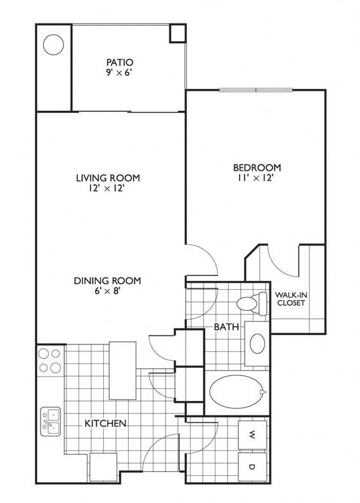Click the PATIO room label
point(120,62)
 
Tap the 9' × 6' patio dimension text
point(119,72)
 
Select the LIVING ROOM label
point(108,178)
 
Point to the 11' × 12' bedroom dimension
point(255,178)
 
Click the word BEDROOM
point(257,167)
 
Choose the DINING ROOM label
point(107,281)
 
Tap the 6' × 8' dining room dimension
point(107,291)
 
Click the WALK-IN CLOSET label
point(291,299)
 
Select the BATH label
point(226,327)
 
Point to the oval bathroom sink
point(257,344)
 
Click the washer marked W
point(252,435)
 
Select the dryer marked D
point(252,467)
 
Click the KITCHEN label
point(105,424)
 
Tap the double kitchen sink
point(50,421)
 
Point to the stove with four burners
point(50,360)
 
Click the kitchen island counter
point(122,370)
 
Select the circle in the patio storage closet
point(53,44)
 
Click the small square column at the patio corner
point(177,34)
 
